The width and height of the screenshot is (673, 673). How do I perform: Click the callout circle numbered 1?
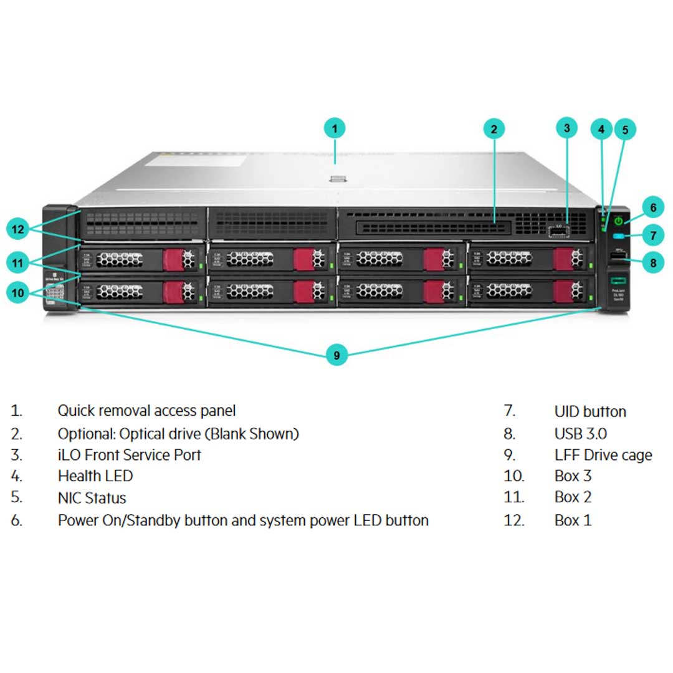pyautogui.click(x=335, y=129)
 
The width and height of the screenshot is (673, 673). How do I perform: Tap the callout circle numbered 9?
pyautogui.click(x=336, y=355)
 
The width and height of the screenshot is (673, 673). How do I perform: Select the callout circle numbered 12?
pyautogui.click(x=18, y=229)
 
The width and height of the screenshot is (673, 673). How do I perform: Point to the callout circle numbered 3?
pyautogui.click(x=566, y=128)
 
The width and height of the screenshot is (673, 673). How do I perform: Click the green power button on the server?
pyautogui.click(x=618, y=221)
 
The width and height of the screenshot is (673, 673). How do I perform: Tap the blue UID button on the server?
pyautogui.click(x=619, y=236)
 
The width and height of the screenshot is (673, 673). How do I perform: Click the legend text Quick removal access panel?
pyautogui.click(x=146, y=411)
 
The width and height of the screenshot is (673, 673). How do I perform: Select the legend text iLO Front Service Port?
pyautogui.click(x=130, y=455)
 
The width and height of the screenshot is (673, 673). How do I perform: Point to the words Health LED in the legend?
pyautogui.click(x=95, y=476)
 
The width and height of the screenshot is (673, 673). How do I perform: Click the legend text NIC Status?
pyautogui.click(x=92, y=498)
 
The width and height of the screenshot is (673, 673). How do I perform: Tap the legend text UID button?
pyautogui.click(x=590, y=411)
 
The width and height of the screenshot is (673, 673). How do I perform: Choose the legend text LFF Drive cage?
pyautogui.click(x=603, y=455)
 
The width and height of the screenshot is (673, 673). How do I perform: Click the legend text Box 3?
pyautogui.click(x=573, y=476)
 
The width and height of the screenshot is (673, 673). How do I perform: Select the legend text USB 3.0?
pyautogui.click(x=580, y=433)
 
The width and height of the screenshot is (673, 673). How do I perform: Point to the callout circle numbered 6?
pyautogui.click(x=652, y=208)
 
